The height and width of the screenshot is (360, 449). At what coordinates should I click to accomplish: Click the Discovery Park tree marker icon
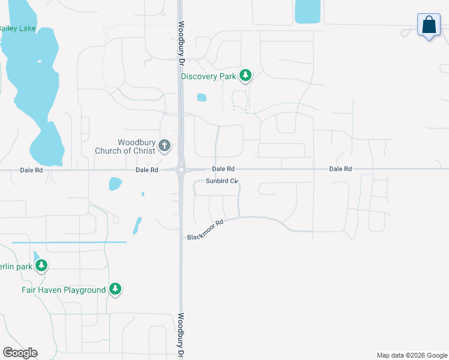[245, 76]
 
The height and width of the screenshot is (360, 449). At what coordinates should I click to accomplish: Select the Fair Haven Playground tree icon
[115, 289]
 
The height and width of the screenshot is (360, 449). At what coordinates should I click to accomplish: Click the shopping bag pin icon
[429, 26]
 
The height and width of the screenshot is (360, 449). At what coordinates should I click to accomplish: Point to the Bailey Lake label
[17, 28]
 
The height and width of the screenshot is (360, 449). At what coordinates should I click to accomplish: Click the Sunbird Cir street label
[222, 181]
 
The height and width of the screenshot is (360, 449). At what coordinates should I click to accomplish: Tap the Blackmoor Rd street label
[205, 230]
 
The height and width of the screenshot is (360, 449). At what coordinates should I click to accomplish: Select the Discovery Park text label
[208, 76]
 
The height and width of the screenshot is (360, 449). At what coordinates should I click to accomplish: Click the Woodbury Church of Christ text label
[125, 146]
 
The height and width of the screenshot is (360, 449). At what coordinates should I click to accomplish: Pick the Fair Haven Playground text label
[64, 290]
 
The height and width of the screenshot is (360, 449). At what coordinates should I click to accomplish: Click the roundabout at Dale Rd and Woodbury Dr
[181, 170]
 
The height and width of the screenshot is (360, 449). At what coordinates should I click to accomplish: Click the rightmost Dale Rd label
[340, 169]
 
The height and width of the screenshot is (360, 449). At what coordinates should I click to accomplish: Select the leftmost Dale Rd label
[31, 170]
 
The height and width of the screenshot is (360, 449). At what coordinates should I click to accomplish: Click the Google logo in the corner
[20, 353]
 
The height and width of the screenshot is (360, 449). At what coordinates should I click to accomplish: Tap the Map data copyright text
[412, 355]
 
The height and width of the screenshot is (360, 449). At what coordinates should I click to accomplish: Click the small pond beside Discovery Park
[202, 97]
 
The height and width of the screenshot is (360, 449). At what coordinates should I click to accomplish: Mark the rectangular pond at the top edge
[307, 11]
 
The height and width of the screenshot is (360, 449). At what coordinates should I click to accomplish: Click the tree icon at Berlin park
[41, 265]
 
